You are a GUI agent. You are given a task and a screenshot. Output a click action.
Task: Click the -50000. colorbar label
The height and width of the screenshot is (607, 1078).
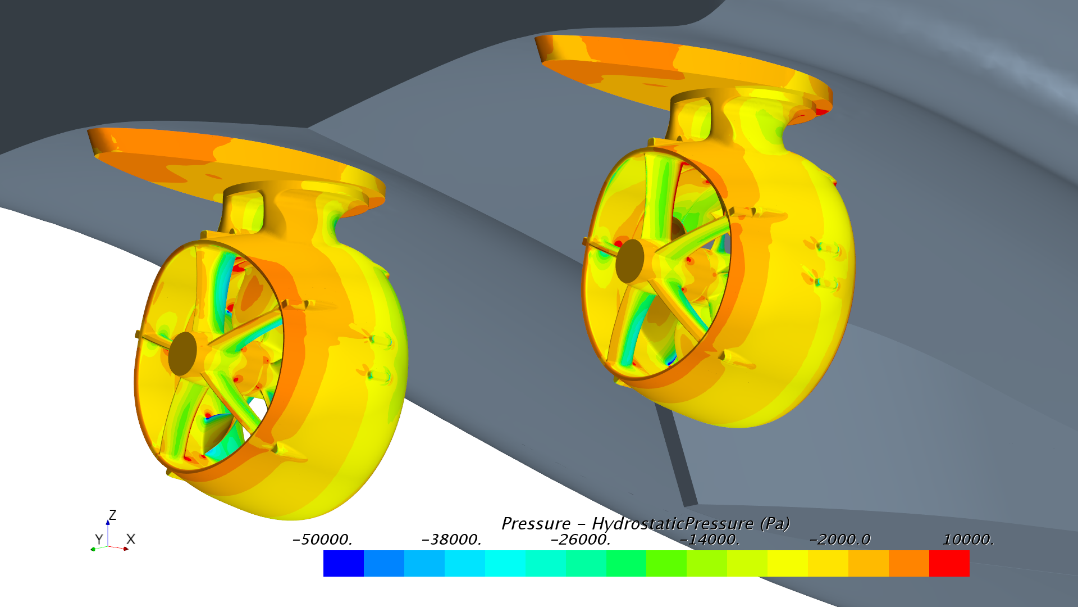coord(322,540)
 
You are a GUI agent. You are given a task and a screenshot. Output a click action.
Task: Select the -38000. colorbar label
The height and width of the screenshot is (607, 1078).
coord(451,540)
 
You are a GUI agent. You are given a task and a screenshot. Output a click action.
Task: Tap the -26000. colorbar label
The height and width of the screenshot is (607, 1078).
coord(581,540)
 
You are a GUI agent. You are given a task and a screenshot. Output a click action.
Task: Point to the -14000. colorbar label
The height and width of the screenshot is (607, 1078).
coord(710,540)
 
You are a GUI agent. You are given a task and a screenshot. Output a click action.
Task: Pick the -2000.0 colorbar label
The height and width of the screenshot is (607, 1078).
coord(839,540)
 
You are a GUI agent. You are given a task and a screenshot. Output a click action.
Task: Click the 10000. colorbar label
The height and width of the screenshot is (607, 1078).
coord(969,540)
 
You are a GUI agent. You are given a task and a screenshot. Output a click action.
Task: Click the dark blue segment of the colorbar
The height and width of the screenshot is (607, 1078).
coord(343,563)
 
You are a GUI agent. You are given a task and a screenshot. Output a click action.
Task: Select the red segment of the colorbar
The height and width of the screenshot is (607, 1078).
coord(949,563)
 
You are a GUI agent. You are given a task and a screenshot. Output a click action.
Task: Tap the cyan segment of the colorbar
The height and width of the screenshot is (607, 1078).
coord(505,563)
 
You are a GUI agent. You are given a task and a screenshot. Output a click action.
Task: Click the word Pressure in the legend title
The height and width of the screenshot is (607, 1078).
coord(536,523)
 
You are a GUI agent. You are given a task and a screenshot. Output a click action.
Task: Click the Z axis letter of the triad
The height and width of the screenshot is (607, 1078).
coord(113,515)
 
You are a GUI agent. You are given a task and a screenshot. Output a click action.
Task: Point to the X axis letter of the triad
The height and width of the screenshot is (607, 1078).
coord(131,539)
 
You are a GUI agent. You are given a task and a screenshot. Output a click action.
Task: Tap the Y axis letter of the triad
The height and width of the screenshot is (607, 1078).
coord(99,539)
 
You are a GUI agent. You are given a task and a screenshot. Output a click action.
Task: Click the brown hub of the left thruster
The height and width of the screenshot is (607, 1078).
coord(182,354)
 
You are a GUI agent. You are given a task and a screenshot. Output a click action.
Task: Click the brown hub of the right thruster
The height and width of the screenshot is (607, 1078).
coord(629,261)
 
